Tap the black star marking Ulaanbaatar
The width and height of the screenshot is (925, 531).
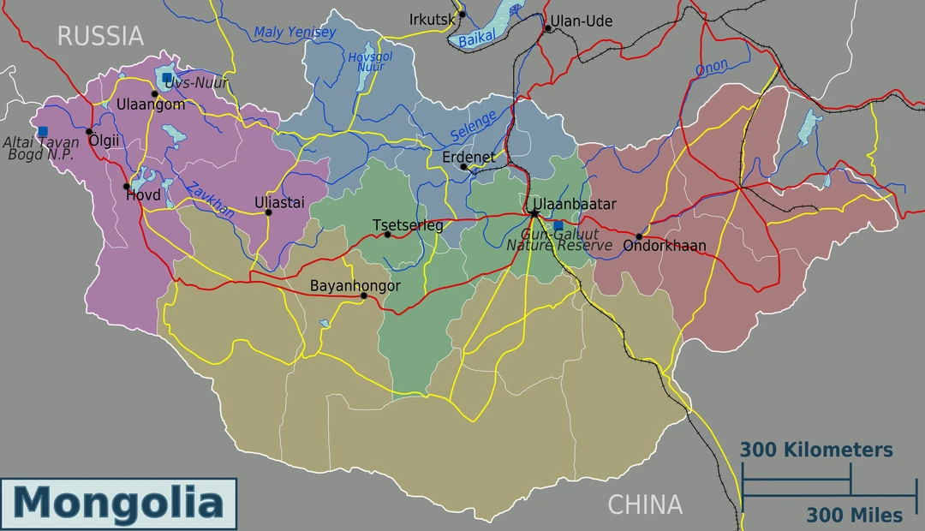534,212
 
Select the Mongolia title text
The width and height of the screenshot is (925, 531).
118,502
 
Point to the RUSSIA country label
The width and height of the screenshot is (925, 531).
100,36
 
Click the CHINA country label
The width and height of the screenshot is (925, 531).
645,505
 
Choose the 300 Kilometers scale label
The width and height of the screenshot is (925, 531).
816,450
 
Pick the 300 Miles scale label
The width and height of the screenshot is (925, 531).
854,515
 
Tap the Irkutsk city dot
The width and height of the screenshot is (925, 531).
462,14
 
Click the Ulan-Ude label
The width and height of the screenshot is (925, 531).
582,21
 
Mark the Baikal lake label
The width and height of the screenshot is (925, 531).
477,39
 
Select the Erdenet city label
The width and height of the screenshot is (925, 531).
468,158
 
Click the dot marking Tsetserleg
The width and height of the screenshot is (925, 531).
387,235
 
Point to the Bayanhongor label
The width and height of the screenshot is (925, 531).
355,285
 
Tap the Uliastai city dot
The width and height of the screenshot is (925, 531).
268,212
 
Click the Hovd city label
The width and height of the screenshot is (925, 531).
143,195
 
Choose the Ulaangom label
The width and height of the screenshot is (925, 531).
152,104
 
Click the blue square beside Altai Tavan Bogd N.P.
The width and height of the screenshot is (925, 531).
43,131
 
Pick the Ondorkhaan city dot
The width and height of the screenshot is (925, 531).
639,236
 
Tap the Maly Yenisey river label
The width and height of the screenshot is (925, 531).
295,33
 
